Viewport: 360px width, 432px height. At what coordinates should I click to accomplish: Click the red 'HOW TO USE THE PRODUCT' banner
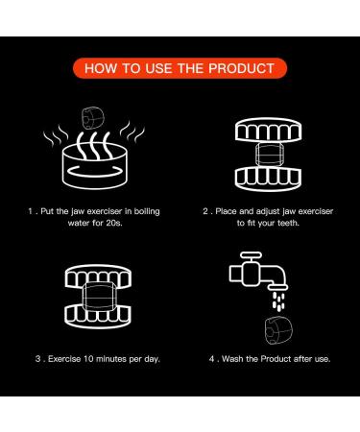point(180,69)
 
